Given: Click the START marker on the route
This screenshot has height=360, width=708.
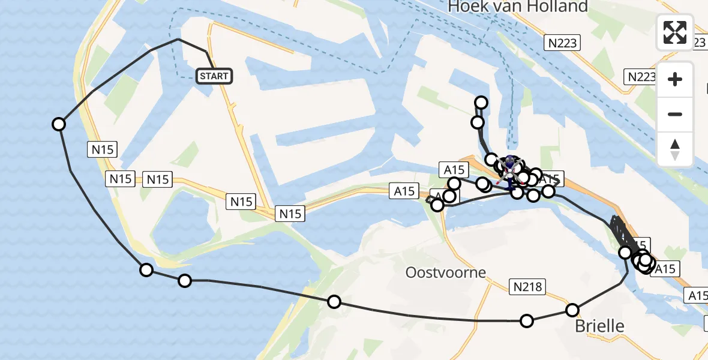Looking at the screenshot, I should [x=214, y=76].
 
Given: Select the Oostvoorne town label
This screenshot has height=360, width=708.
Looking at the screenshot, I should [x=445, y=272].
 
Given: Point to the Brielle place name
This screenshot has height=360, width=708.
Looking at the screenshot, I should [x=599, y=326].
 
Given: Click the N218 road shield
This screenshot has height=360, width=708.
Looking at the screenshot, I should [x=527, y=287].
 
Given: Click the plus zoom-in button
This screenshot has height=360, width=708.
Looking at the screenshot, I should [x=675, y=79].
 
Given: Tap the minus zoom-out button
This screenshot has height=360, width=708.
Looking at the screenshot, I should [x=675, y=114].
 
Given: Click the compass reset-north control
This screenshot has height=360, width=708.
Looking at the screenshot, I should [x=675, y=149].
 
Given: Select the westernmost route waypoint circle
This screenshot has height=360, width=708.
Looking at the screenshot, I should [x=59, y=124].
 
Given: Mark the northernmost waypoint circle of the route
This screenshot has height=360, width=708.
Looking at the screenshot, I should [x=481, y=103].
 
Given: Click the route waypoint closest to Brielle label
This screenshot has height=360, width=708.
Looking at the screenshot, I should [x=572, y=310].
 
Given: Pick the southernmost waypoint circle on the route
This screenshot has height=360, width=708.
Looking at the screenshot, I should [x=527, y=321].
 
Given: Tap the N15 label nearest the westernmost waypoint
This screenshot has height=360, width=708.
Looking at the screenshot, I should [x=103, y=149].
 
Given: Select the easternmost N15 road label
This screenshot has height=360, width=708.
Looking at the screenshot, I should [x=291, y=213].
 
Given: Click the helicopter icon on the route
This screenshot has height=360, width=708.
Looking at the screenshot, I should [x=509, y=163].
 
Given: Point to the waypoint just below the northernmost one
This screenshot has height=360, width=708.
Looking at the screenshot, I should [x=478, y=123].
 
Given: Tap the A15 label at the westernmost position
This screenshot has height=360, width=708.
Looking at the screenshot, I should [x=404, y=191].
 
